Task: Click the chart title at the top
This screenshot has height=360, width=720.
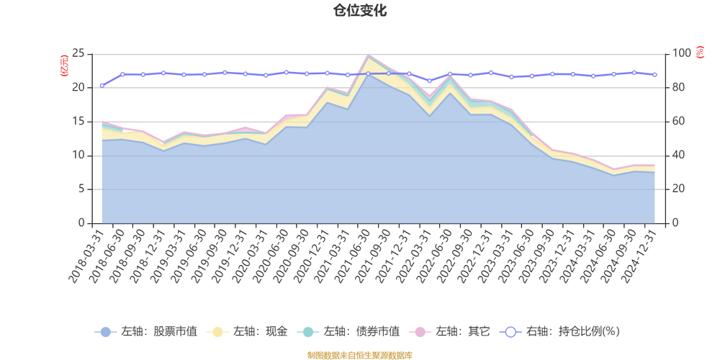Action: (359, 9)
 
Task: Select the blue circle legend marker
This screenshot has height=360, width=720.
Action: (106, 332)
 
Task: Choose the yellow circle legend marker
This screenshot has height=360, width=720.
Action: (216, 332)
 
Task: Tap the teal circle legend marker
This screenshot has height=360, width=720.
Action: (309, 332)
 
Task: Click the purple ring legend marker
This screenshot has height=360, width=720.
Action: (510, 332)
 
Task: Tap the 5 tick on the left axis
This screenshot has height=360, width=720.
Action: (81, 189)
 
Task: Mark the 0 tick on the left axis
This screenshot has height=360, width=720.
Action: (81, 222)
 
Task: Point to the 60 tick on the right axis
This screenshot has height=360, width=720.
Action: (679, 121)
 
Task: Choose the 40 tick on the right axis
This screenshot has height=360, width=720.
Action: (679, 155)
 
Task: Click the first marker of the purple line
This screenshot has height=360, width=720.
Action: (102, 85)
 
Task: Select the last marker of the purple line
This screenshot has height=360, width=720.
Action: (655, 74)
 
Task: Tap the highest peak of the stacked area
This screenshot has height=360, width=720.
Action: (369, 55)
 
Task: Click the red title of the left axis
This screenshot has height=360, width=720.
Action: (63, 64)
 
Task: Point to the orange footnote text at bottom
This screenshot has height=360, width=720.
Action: (359, 354)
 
